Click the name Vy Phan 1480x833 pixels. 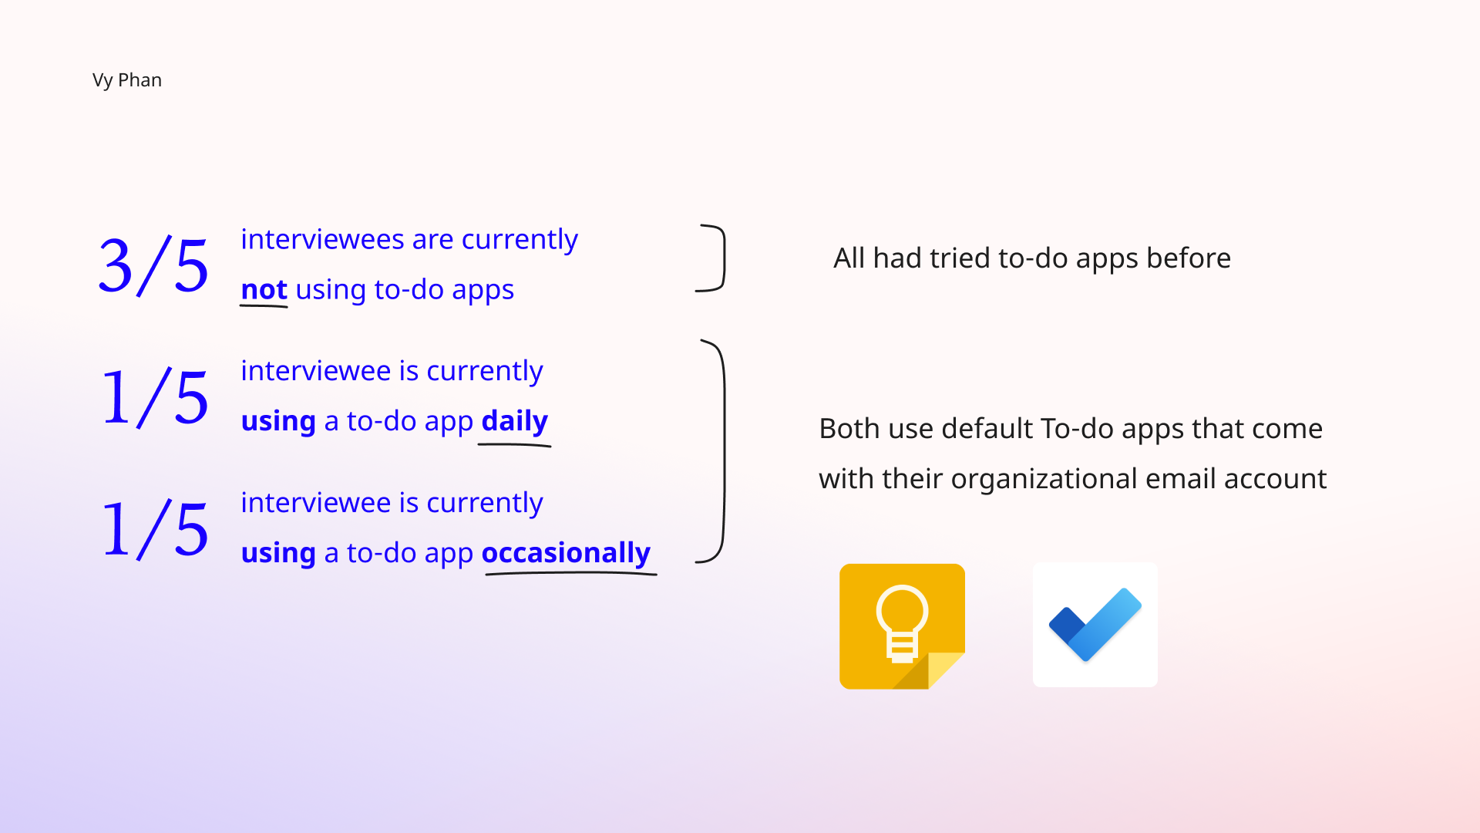point(127,80)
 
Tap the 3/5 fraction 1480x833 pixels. point(154,266)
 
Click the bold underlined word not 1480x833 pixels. point(264,290)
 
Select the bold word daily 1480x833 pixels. point(515,422)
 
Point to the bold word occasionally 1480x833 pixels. point(566,553)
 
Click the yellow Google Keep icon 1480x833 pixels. point(902,626)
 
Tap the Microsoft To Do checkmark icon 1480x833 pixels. point(1095,625)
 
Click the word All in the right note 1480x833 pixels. point(849,258)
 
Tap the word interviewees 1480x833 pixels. point(322,239)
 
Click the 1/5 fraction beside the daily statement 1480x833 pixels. point(155,398)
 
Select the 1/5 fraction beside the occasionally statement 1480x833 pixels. point(155,529)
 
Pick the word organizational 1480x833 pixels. point(1044,480)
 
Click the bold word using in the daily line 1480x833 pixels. point(278,422)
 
